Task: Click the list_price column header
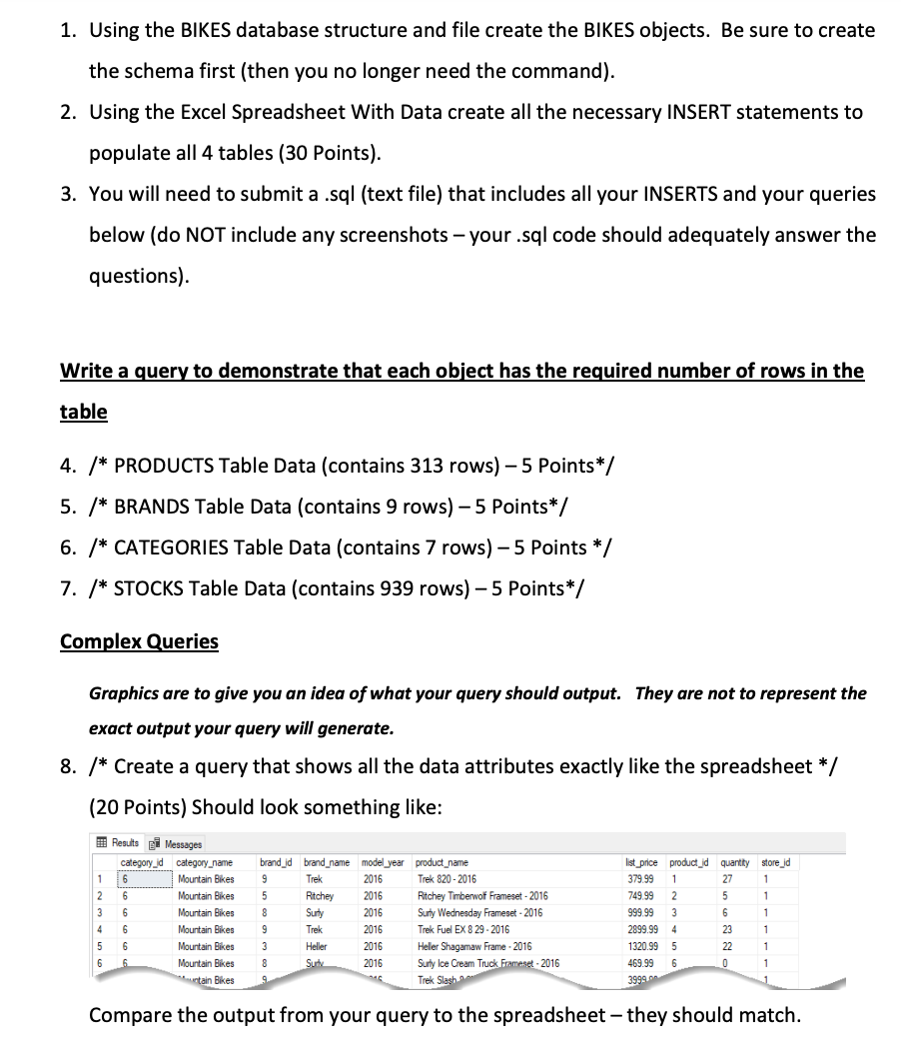click(x=639, y=862)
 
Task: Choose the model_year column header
click(x=383, y=862)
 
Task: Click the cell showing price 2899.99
click(x=639, y=929)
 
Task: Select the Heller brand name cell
click(x=317, y=946)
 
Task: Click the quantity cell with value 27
click(x=727, y=879)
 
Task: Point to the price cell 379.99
click(x=637, y=879)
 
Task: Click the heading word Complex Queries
click(x=139, y=641)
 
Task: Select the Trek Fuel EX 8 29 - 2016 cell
click(x=463, y=929)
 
